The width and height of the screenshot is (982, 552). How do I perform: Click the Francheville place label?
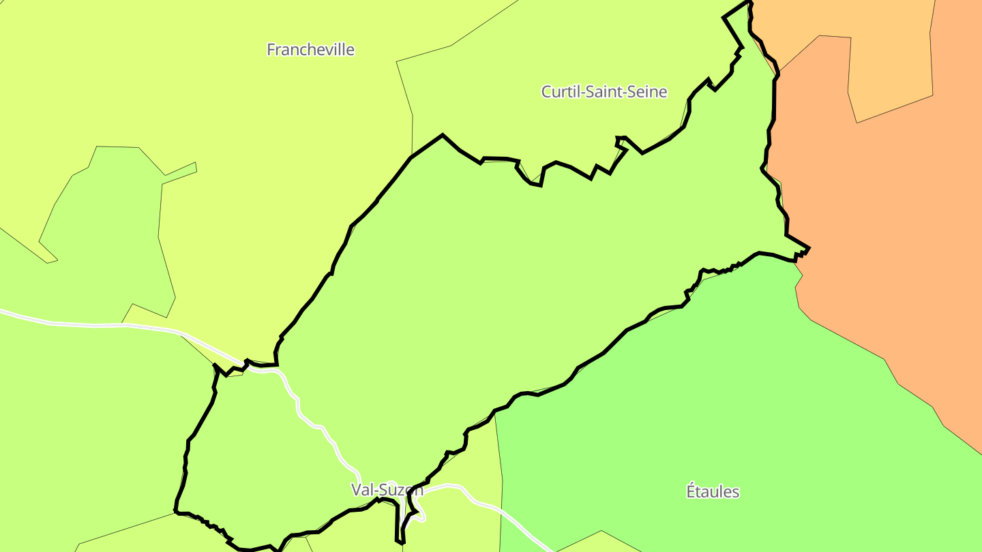point(310,50)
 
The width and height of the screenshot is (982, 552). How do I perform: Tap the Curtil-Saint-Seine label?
point(604,91)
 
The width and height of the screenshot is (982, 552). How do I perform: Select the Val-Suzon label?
point(387,489)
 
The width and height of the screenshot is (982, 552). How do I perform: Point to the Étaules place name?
point(712,491)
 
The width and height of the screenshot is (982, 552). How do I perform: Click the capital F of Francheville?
point(271,50)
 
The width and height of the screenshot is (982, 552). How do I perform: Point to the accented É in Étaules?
point(690,491)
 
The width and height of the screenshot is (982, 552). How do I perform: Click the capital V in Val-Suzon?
point(355,489)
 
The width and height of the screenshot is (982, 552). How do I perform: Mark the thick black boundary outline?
point(443,136)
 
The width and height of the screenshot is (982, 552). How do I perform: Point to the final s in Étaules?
point(735,491)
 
